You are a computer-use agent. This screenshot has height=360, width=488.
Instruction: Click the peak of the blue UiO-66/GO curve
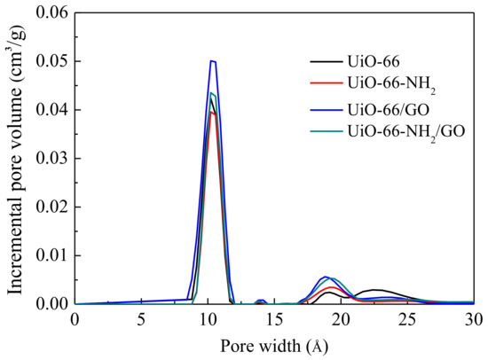click(x=213, y=60)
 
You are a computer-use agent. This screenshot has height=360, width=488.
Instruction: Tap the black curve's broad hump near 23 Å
click(x=378, y=290)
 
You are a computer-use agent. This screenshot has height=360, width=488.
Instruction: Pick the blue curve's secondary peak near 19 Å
click(x=327, y=277)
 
